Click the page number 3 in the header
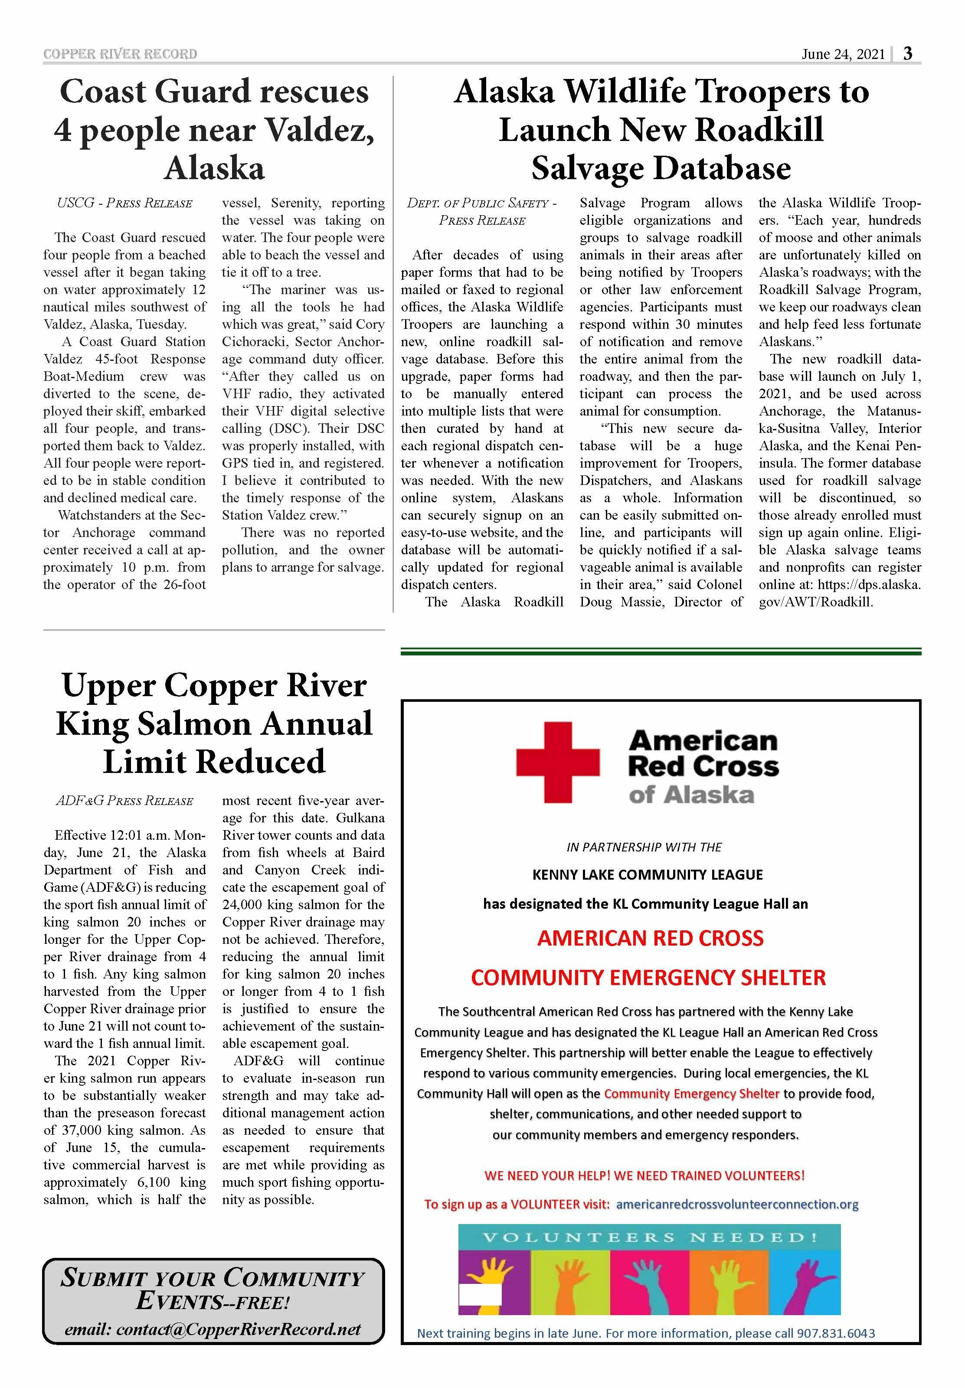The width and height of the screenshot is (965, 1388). (908, 54)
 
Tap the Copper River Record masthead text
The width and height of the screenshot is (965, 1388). (120, 54)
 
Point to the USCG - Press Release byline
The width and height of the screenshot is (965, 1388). (124, 203)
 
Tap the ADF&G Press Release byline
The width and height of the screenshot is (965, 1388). (124, 801)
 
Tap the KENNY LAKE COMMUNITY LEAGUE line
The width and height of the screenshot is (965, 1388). (647, 875)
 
